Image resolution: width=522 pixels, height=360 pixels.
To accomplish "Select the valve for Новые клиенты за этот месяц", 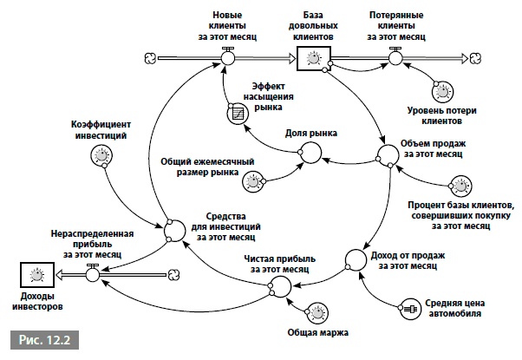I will pos(227,58).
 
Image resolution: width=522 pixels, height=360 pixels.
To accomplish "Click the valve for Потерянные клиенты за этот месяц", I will pos(396,58).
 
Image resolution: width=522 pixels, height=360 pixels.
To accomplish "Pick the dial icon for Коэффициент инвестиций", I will pos(101,156).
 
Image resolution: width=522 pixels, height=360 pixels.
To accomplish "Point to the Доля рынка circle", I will pos(310,154).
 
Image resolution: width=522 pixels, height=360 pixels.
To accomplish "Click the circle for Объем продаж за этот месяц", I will pos(387,155).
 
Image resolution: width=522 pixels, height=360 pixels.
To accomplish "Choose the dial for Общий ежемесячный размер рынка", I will pos(252,180).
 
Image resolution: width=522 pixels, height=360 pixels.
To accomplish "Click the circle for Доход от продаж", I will pos(355,259).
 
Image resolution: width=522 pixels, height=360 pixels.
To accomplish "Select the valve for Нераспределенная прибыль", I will pos(91,276).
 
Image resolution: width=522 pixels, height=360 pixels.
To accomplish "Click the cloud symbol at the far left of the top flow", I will pos(150,58).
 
